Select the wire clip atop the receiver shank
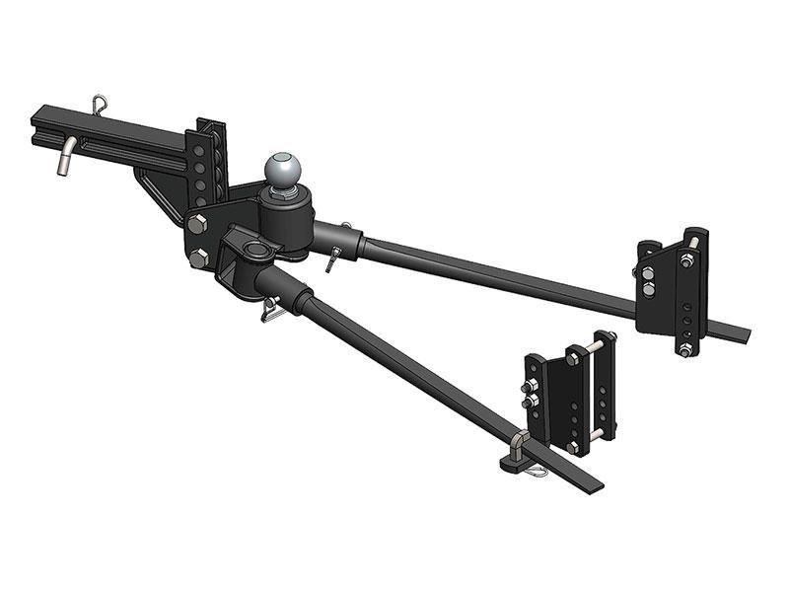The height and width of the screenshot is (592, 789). (100, 102)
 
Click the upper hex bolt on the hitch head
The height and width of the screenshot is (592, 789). (195, 223)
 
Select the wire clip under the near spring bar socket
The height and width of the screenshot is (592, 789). (272, 311)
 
